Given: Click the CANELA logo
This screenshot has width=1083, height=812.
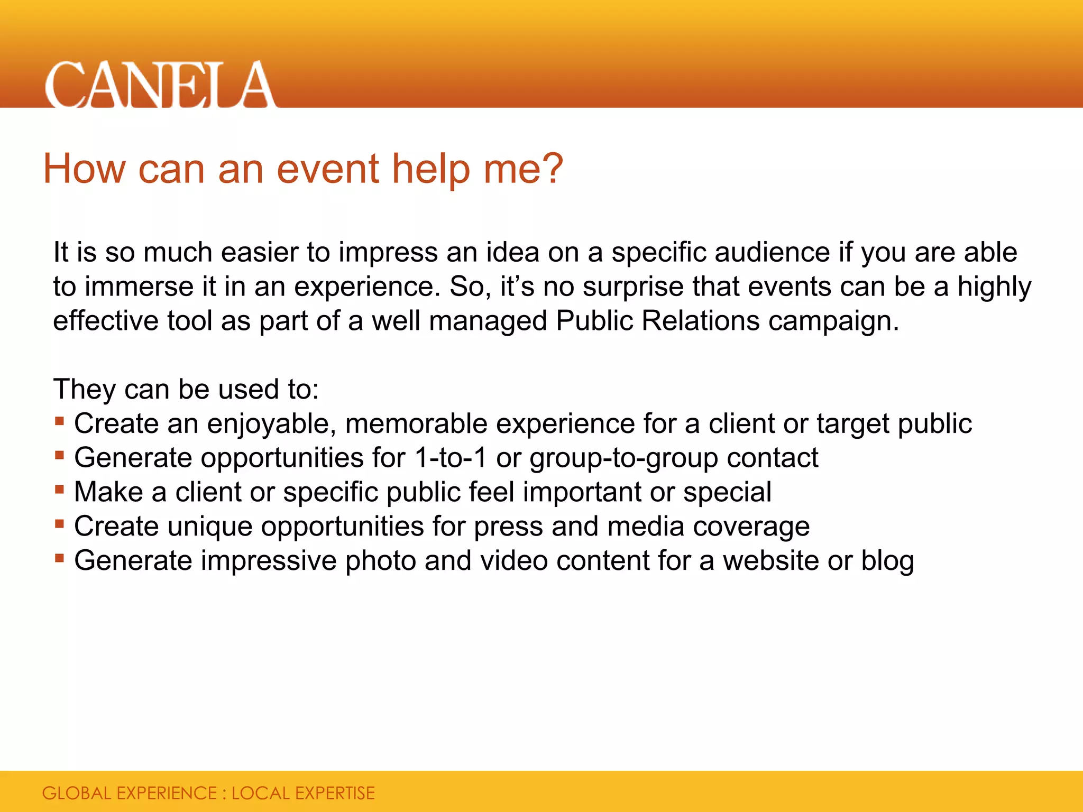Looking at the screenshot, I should (x=160, y=85).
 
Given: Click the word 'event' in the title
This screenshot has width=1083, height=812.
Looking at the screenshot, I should (x=328, y=169).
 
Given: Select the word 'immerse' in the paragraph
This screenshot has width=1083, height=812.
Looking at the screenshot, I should (x=139, y=287).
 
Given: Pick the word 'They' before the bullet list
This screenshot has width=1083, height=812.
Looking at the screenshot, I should (x=85, y=390).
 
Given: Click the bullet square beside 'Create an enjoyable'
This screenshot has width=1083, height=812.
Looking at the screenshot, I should (x=59, y=421).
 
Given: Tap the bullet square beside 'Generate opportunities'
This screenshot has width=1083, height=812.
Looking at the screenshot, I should (x=59, y=455).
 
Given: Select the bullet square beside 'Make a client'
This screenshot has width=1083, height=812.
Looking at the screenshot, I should (x=59, y=490).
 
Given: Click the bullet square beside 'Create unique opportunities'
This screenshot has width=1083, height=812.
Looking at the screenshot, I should (x=59, y=524).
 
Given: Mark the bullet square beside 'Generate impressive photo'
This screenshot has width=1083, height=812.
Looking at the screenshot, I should (x=59, y=558).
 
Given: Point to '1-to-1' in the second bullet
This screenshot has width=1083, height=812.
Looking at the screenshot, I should (x=451, y=458).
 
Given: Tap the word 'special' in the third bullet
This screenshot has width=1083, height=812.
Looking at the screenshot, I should (x=727, y=493).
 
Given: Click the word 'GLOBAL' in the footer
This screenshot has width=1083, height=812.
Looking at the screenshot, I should (x=77, y=793).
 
